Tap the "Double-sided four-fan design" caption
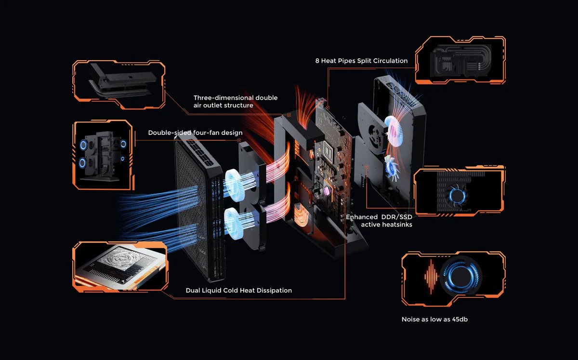tap(195, 133)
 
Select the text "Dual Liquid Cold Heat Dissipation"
tap(238, 290)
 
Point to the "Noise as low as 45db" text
tap(434, 319)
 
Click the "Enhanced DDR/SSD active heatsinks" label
tap(379, 221)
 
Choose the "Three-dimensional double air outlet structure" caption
tap(236, 101)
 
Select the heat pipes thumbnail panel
tap(460, 60)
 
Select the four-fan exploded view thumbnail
tap(102, 154)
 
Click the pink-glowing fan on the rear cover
tap(394, 132)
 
